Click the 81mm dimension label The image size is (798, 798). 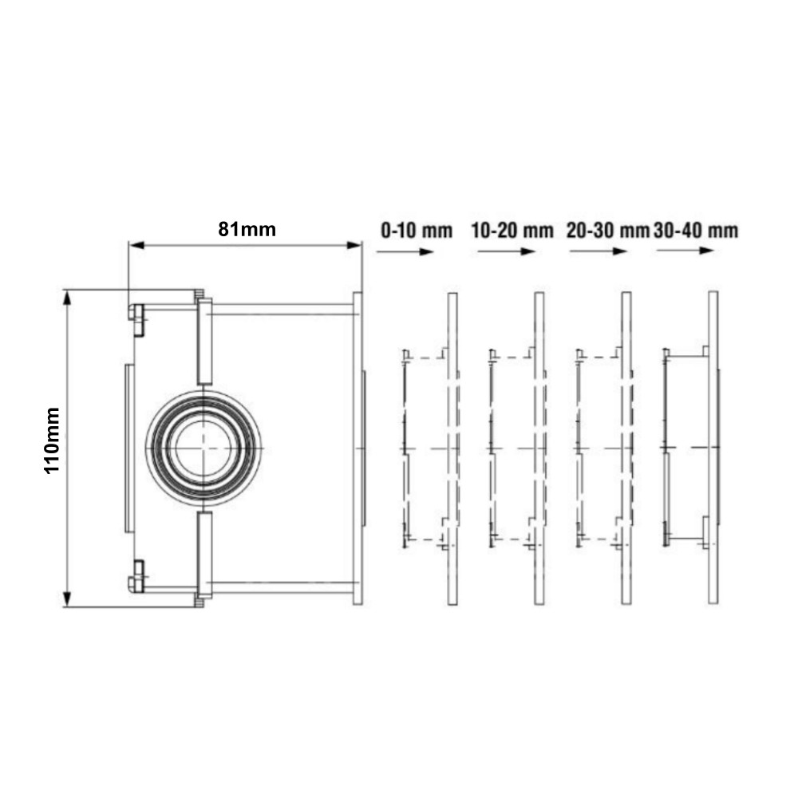point(247,230)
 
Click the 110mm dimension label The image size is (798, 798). point(53,440)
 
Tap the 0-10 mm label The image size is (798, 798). point(417,231)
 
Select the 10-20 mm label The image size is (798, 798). point(512,231)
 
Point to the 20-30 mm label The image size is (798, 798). point(608,231)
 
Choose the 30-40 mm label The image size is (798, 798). point(696,231)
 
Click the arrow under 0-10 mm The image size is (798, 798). point(405,251)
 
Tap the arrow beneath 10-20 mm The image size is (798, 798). point(507,251)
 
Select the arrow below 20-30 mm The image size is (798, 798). point(598,251)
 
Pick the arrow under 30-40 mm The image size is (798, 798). point(685,251)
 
